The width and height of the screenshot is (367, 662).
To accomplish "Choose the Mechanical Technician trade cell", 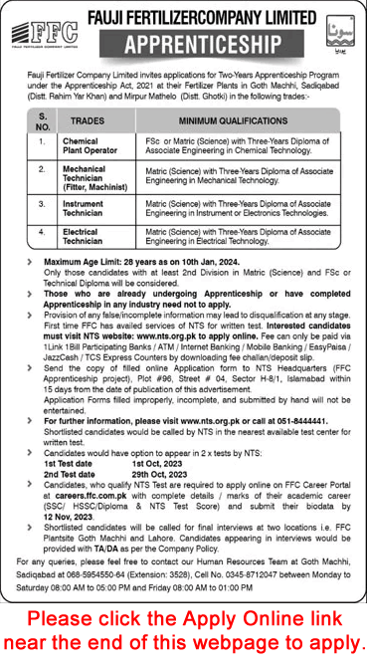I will click(88, 184).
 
